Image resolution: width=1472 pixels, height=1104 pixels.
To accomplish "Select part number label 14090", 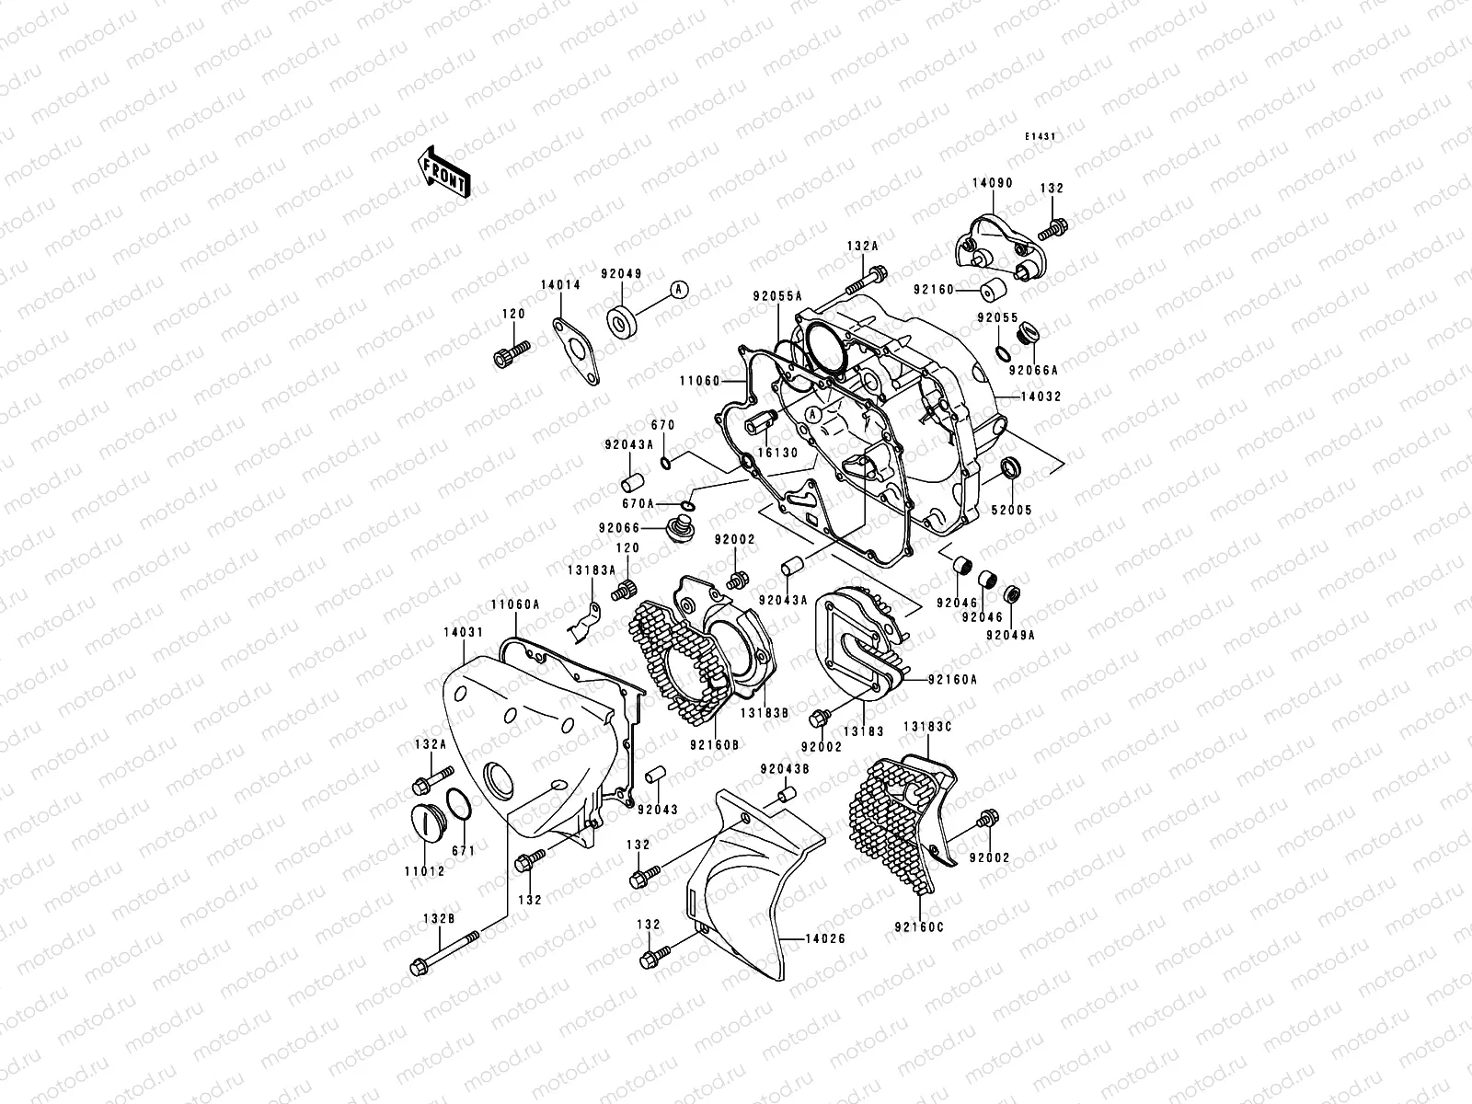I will pyautogui.click(x=992, y=183).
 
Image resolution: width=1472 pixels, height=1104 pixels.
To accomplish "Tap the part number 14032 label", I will pyautogui.click(x=1041, y=398).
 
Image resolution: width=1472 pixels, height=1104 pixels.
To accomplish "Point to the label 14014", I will pyautogui.click(x=560, y=285).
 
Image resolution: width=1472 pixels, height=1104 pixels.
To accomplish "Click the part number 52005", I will pyautogui.click(x=1012, y=510).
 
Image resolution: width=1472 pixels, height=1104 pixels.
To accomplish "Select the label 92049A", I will pyautogui.click(x=1010, y=635).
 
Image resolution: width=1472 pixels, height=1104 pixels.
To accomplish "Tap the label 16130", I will pyautogui.click(x=777, y=454).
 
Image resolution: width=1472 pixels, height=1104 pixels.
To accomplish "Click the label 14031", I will pyautogui.click(x=460, y=633).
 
